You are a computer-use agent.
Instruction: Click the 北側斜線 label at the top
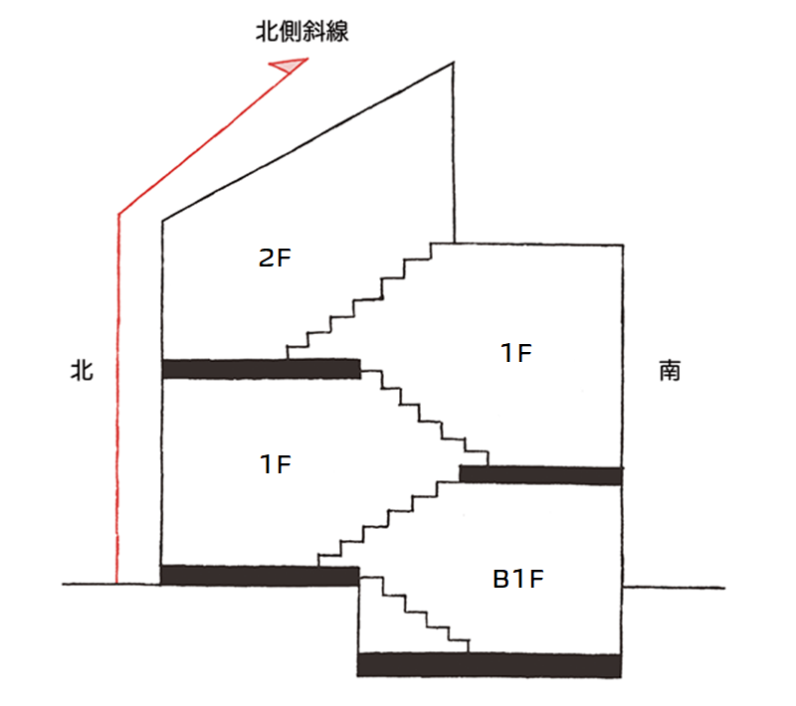(301, 32)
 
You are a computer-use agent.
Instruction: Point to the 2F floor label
(275, 259)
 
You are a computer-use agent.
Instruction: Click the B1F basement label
(518, 579)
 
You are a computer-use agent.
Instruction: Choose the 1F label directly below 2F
(275, 463)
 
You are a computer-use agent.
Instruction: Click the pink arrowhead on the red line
(289, 66)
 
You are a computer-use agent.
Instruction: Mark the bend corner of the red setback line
(119, 213)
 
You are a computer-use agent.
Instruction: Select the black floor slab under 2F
(261, 369)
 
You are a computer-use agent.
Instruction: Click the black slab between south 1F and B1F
(540, 474)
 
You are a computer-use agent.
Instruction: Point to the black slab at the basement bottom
(489, 664)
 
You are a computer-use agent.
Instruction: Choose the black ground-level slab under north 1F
(259, 575)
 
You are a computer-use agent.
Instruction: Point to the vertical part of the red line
(118, 398)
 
